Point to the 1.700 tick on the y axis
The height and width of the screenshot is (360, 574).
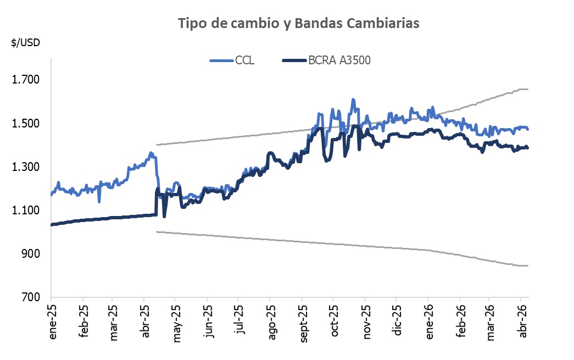(26, 80)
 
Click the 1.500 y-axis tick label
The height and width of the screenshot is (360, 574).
(26, 124)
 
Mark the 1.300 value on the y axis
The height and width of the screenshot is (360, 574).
(26, 167)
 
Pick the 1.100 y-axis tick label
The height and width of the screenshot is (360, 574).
(26, 211)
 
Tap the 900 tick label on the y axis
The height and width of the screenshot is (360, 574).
(31, 254)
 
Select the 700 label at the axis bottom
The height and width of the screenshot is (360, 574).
(31, 297)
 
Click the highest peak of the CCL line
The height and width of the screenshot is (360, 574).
(353, 99)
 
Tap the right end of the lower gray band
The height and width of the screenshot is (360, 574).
(528, 266)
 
